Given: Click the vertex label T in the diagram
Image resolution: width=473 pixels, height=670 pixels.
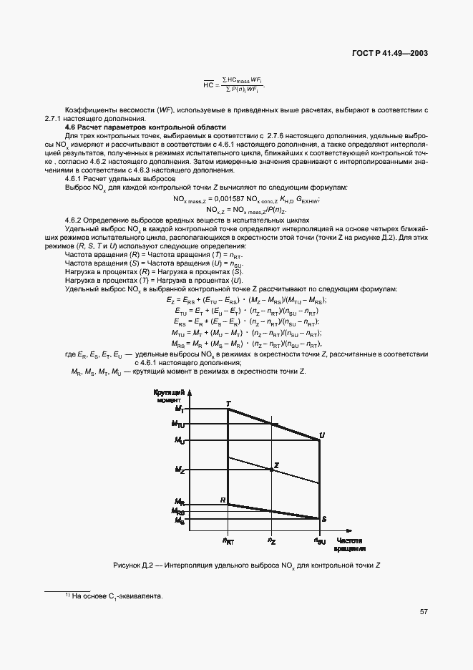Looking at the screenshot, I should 228,404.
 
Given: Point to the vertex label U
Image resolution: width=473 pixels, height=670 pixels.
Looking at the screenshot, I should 322,435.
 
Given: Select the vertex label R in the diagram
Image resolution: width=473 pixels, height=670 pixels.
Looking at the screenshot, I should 223,500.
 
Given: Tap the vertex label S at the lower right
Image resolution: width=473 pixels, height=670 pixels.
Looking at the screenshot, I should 323,518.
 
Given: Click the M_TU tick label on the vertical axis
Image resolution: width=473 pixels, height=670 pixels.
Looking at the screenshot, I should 178,424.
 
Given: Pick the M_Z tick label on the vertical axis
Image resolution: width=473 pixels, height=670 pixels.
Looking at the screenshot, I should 180,470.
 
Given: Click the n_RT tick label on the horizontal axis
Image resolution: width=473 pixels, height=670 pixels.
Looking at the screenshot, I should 228,542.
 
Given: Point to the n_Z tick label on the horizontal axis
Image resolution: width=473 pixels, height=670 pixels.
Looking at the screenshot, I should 271,541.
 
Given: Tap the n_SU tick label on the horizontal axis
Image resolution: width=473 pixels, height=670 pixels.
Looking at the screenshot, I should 319,542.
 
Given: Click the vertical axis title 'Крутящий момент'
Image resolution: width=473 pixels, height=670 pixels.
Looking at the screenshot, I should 170,397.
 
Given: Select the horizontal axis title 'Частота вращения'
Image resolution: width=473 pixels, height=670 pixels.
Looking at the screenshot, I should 351,545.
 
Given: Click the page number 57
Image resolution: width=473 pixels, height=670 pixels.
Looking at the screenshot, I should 424,612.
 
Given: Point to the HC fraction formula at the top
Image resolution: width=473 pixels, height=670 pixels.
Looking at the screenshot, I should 233,84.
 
